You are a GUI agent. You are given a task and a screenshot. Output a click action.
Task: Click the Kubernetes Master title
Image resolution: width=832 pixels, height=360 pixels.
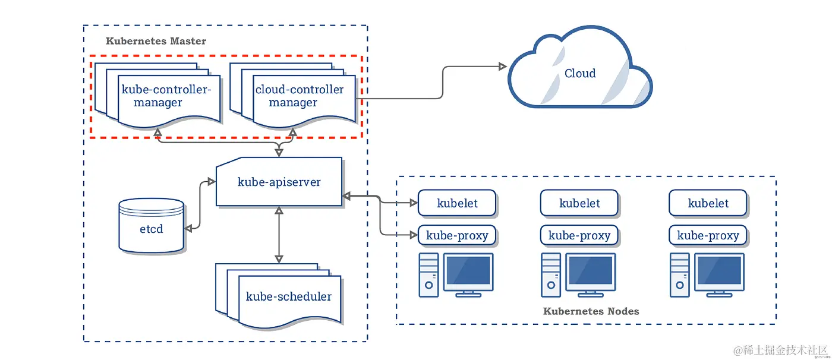coord(156,41)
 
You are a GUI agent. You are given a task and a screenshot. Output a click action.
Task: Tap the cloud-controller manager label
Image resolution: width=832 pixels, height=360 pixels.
coord(299,96)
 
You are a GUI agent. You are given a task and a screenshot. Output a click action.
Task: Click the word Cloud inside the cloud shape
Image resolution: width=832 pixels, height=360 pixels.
coord(580,73)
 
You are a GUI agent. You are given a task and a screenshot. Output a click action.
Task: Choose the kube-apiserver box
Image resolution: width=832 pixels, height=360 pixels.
coord(279,182)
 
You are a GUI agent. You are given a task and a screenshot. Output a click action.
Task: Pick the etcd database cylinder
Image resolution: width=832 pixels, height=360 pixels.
coord(151,225)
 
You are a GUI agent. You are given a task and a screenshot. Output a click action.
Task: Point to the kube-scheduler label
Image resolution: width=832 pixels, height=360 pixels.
coord(289,296)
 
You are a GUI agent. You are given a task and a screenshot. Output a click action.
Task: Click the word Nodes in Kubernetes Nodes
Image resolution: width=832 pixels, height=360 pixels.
coord(623,311)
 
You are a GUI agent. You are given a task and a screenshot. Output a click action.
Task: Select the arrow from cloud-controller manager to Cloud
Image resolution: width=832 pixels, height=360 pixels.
coord(442,83)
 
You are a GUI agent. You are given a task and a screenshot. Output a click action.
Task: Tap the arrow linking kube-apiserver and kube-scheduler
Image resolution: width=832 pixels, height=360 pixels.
coord(279,235)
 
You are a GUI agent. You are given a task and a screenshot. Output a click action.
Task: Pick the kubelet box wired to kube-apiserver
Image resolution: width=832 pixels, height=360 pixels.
coord(457,203)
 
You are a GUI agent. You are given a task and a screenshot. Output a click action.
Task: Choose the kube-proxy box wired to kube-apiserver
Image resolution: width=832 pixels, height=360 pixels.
coord(457,235)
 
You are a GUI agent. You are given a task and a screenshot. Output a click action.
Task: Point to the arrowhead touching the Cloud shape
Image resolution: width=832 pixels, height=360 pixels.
coord(503,67)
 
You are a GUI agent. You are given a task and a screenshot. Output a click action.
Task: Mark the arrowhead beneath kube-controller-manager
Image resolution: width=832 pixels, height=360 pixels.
coord(157,131)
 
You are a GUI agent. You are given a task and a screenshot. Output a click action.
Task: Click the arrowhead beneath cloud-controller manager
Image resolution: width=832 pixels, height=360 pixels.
coord(292,132)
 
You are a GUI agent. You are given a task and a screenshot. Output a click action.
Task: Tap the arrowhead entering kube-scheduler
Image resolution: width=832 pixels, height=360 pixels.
coord(279,258)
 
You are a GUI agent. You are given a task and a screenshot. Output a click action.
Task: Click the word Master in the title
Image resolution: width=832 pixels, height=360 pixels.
coord(187,41)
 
